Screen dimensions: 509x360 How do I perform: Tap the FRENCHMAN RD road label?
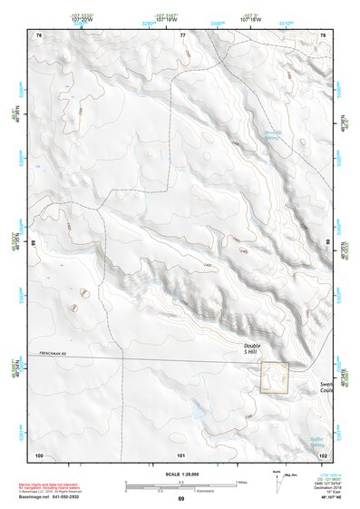54,353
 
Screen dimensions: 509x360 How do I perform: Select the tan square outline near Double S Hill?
275,377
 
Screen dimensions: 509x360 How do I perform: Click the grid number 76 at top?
39,34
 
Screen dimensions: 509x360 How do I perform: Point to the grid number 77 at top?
183,34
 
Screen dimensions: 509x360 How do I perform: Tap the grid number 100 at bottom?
39,455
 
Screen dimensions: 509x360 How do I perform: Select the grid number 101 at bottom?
181,455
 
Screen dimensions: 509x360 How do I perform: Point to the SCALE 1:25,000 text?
180,474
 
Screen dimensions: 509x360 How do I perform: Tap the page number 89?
180,500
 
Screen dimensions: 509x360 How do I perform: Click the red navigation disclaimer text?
45,479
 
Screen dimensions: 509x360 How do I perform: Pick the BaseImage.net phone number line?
44,499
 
